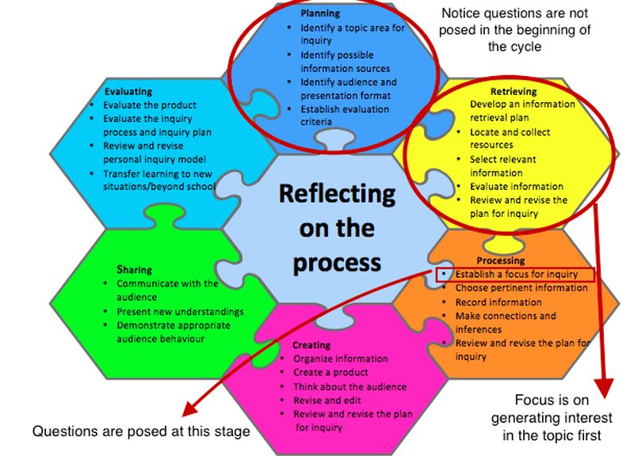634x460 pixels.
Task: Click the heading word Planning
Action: tap(320, 13)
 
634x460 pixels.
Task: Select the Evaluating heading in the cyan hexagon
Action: tap(128, 92)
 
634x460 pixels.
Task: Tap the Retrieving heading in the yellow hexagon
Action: tap(513, 91)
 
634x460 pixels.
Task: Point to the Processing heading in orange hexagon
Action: tap(500, 260)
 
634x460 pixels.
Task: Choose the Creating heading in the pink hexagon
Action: tap(311, 345)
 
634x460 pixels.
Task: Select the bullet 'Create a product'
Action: tap(330, 372)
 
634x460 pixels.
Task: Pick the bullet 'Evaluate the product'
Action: tap(150, 105)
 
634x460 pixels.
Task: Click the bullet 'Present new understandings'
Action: tap(180, 312)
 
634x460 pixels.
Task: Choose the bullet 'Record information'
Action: tap(498, 302)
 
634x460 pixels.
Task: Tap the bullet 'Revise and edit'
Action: tap(326, 401)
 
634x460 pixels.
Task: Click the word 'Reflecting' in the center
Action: tap(337, 193)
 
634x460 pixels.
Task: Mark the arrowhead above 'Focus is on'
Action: tap(605, 388)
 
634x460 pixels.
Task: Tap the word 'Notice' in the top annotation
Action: tap(462, 13)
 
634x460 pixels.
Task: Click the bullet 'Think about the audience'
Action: tap(349, 386)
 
